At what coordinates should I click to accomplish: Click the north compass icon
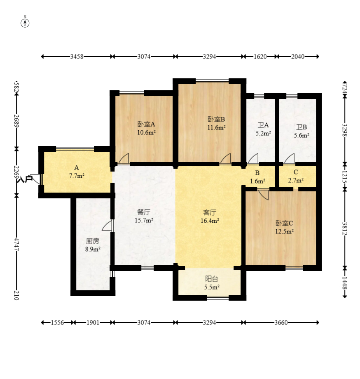coord(25,23)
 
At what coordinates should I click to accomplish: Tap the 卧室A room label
coord(146,124)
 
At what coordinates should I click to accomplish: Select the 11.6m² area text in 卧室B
coord(216,127)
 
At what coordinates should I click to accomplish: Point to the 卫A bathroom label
coord(263,125)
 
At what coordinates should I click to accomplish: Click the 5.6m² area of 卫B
coord(302,135)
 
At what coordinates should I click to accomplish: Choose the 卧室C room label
coord(284,223)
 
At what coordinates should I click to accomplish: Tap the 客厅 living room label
coord(210,212)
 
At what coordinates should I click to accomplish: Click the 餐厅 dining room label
coord(144,212)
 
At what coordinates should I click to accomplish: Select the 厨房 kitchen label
coord(93,241)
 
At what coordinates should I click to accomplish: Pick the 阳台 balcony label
coord(212,279)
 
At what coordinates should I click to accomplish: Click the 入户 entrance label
coord(26,179)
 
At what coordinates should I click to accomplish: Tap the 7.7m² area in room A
coord(77,176)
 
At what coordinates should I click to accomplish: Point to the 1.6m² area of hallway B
coord(257,181)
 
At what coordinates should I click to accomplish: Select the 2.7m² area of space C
coord(296,180)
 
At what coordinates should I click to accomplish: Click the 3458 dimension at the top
coord(77,56)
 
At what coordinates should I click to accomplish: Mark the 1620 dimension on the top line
coord(260,56)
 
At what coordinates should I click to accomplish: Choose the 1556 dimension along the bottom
coord(57,323)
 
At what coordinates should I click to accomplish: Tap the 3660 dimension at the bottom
coord(281,323)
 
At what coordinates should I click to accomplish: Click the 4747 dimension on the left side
coord(16,245)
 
